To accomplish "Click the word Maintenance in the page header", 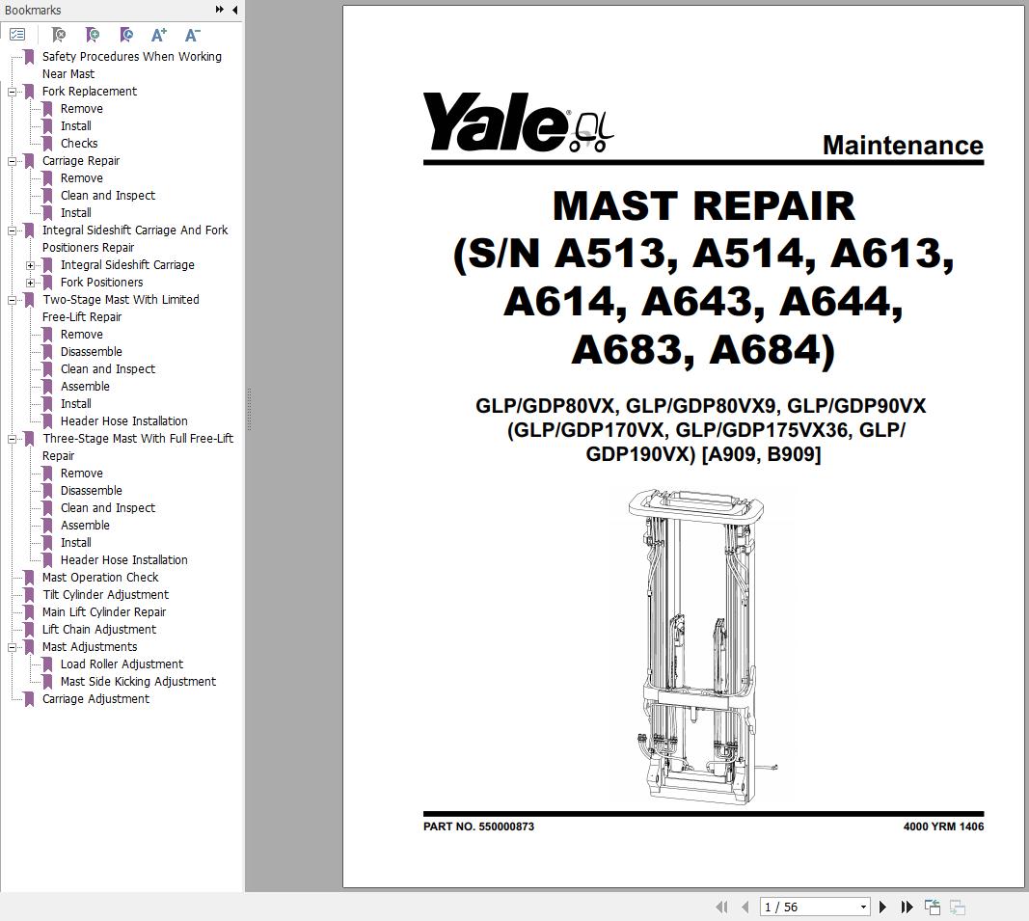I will click(x=902, y=146).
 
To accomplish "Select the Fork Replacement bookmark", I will click(x=89, y=92).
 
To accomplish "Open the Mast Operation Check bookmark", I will click(x=99, y=578).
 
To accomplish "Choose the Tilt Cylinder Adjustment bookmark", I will click(x=105, y=595).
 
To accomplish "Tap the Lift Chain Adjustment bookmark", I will click(x=98, y=630).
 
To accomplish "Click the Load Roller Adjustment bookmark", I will click(x=122, y=664).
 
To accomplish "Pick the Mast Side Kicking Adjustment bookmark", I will click(x=138, y=682).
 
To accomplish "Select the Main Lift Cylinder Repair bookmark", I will click(x=104, y=612).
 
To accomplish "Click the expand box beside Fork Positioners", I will click(x=31, y=283).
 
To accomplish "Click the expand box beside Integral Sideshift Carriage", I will click(x=31, y=265).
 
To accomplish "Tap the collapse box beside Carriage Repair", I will click(x=13, y=161).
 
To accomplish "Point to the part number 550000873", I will click(x=505, y=826).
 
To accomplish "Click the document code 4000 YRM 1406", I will click(x=942, y=826).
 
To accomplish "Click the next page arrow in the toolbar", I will click(x=882, y=907).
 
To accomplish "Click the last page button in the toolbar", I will click(x=907, y=907).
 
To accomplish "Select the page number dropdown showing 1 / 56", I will click(x=815, y=907).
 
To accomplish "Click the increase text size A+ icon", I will click(x=159, y=35).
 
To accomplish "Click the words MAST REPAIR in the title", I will click(x=703, y=205).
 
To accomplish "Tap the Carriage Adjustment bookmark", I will click(x=95, y=699).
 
